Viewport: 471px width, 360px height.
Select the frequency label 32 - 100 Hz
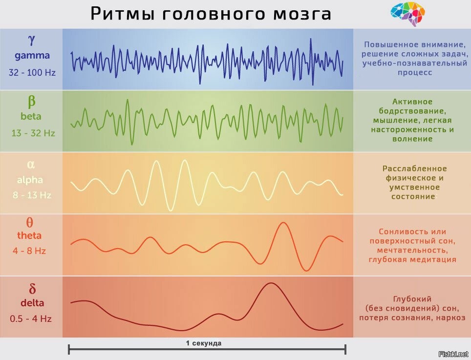(32, 72)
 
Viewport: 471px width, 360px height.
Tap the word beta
(31, 117)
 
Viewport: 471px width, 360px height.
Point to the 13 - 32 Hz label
(33, 133)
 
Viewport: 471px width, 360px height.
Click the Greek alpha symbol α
(31, 164)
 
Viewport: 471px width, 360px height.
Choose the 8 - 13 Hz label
(32, 195)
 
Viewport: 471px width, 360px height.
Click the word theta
(30, 235)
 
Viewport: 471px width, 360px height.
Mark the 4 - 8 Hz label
(30, 251)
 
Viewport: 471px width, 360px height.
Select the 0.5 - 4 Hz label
(31, 319)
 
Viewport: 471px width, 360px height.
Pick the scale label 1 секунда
(203, 343)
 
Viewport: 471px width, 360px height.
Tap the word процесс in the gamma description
(412, 73)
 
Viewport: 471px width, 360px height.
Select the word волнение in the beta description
(412, 139)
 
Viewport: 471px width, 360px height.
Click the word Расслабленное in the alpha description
(414, 169)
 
